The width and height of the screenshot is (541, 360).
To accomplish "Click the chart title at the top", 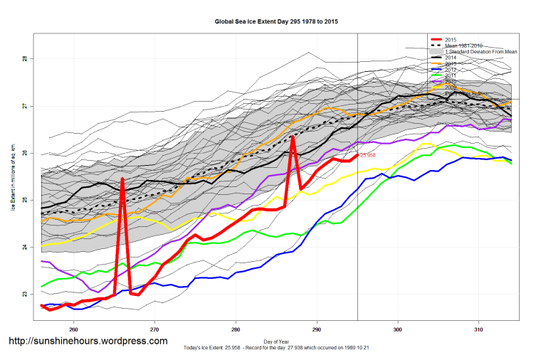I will click(276, 22).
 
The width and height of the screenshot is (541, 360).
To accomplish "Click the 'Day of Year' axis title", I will click(276, 340).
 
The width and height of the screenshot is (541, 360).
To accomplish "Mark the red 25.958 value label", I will click(367, 155).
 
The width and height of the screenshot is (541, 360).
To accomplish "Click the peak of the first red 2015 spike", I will click(122, 179).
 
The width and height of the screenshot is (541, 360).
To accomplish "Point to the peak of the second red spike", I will click(293, 137).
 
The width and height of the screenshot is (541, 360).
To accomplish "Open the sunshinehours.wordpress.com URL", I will click(88, 342).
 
